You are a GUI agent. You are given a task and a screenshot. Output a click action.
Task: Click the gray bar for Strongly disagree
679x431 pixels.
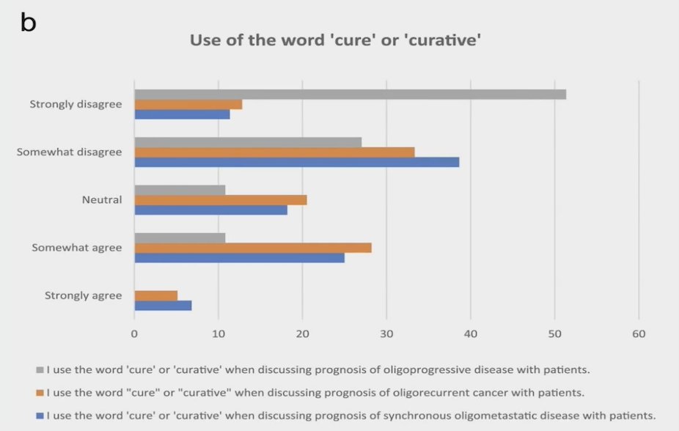[350, 95]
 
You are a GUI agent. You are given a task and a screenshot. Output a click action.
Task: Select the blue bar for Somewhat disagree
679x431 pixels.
[297, 162]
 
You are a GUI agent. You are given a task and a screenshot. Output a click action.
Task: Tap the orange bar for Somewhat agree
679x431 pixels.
[253, 248]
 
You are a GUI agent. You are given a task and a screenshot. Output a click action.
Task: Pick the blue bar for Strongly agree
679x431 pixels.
[164, 306]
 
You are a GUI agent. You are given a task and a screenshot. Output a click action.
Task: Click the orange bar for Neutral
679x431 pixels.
[221, 200]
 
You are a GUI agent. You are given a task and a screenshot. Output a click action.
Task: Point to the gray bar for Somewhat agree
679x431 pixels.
[180, 238]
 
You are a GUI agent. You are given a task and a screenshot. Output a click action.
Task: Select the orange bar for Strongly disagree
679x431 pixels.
[188, 105]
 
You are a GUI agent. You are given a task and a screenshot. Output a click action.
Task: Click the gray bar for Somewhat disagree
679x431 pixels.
[248, 142]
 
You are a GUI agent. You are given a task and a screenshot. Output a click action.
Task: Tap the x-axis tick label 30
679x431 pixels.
[386, 334]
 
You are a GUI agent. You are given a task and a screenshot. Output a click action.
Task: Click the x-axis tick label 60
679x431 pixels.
[639, 334]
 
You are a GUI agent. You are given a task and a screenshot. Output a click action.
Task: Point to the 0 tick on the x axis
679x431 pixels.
[134, 334]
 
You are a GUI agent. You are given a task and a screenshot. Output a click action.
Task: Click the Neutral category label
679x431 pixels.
[102, 200]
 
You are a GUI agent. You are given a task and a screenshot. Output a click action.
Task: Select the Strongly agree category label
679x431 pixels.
[83, 296]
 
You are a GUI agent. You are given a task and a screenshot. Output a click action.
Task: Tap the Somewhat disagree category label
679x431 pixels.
[69, 152]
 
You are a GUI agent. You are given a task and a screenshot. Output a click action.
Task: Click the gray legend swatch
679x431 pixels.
[40, 370]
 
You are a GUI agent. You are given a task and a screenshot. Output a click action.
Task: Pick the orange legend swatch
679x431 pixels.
[40, 394]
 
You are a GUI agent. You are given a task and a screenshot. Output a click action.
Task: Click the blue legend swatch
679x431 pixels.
[40, 416]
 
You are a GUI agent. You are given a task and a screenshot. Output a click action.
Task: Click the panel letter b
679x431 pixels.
[28, 22]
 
